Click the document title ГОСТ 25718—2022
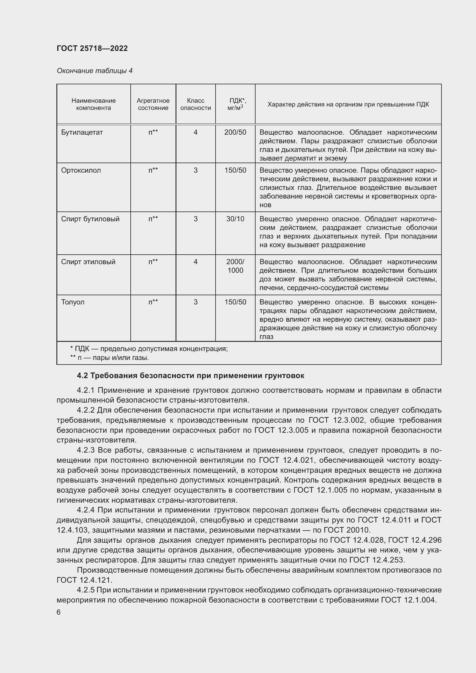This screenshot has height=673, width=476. point(92,48)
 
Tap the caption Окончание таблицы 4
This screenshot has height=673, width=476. point(94,71)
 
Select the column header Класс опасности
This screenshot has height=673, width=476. point(195,104)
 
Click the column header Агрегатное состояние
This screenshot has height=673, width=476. point(153,104)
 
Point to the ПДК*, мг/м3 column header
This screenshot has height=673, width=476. point(235,104)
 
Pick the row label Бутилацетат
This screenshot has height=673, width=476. point(82,132)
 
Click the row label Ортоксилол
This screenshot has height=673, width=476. point(81,170)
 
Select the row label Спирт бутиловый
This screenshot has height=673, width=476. point(90,219)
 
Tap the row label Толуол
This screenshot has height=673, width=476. point(73,302)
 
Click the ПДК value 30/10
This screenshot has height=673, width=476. point(235,219)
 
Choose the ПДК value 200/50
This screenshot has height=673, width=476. point(235,132)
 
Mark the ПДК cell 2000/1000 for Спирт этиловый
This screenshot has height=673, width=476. point(235,266)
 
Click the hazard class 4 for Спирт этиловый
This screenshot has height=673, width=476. point(195,262)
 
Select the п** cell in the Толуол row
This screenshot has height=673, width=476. point(153,302)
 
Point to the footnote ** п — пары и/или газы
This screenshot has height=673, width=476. point(109,358)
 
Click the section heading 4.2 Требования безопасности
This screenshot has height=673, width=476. point(190,375)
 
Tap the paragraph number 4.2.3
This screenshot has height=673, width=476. point(86,450)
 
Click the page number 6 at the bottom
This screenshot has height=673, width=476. point(59,612)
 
